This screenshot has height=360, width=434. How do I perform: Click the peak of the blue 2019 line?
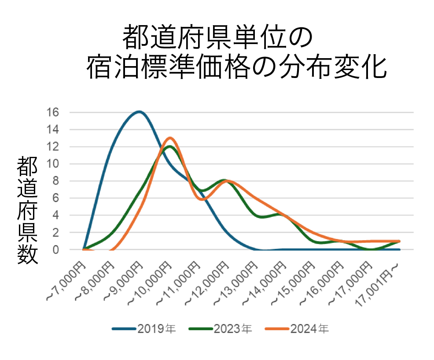coord(139,111)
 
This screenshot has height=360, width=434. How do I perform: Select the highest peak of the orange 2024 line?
coord(170,138)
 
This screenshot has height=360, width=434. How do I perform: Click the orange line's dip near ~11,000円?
coord(202,200)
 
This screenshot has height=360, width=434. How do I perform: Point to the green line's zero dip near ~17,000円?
coord(371,250)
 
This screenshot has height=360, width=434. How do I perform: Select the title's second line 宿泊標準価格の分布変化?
coord(236,67)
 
